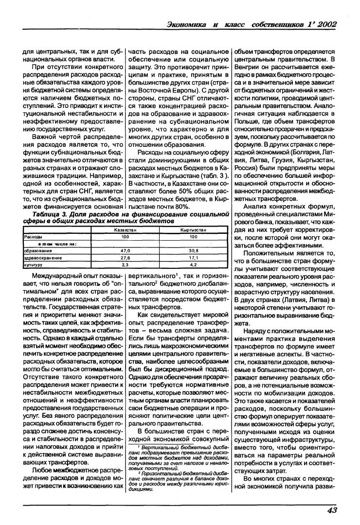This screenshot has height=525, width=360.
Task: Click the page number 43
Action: coord(331,509)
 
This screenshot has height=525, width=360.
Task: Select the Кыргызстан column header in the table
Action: coord(193,229)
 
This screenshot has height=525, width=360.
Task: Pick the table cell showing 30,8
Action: coord(193,251)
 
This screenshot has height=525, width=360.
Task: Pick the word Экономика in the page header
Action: coord(187,25)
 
